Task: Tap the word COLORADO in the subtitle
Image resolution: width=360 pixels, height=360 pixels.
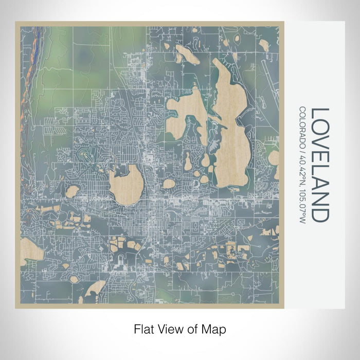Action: click(x=304, y=125)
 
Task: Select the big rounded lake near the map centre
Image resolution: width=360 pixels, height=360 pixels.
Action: click(x=126, y=183)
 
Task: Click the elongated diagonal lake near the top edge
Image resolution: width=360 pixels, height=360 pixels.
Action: click(x=188, y=55)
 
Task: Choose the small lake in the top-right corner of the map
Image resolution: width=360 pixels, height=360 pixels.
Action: click(x=264, y=45)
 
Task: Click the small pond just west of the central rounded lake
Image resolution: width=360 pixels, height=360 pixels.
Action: click(x=73, y=192)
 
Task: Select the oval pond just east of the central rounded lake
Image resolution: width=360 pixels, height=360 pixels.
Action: click(x=169, y=183)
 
